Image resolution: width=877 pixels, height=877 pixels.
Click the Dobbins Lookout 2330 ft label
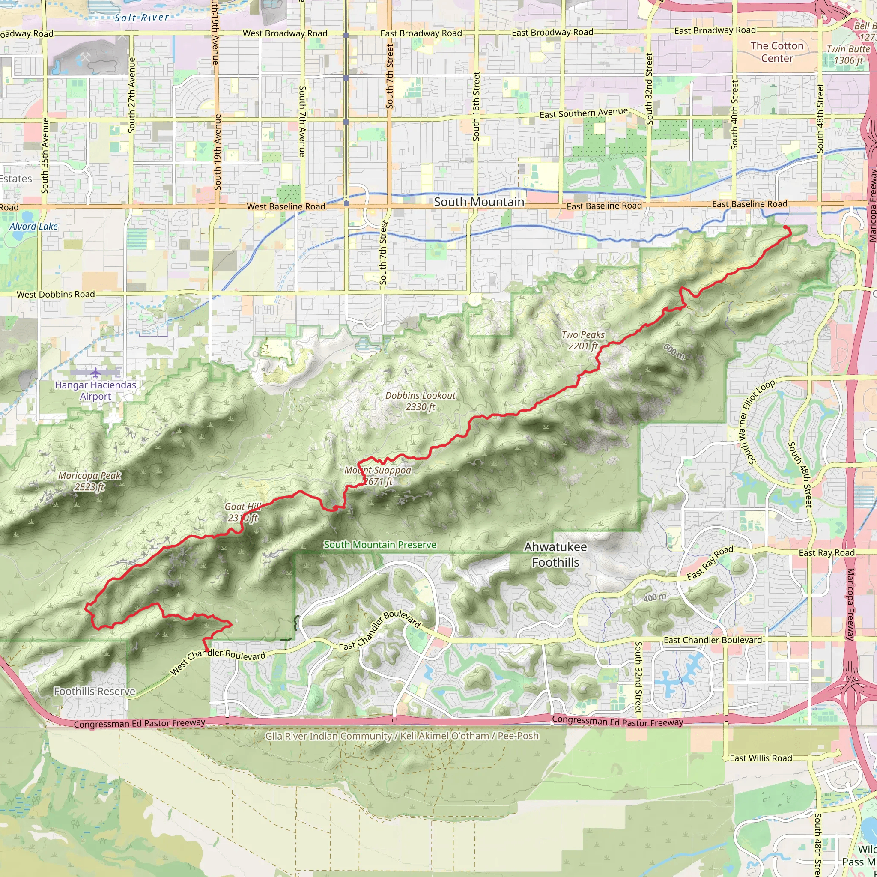point(421,401)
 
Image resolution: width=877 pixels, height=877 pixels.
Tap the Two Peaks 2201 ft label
point(583,340)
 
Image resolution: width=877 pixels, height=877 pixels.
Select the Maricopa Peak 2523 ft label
point(90,481)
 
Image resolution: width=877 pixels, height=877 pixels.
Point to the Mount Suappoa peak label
point(378,476)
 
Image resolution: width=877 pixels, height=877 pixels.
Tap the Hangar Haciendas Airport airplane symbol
point(95,373)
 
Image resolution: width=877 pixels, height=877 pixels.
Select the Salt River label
point(142,18)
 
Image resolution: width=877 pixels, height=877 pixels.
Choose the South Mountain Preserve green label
point(380,545)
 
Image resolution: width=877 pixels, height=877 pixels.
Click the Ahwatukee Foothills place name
point(555,555)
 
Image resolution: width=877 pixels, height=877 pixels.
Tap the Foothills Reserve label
point(94,691)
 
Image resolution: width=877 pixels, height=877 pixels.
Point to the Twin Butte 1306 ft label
point(848,55)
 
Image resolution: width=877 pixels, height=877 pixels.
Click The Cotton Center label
point(777,52)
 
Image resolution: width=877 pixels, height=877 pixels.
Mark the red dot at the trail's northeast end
point(785,227)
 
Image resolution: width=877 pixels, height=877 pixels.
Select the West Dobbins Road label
point(56,294)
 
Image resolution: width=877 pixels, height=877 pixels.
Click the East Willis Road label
point(761,758)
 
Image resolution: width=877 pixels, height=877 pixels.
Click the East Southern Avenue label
point(584,113)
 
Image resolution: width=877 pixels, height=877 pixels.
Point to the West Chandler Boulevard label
point(218,661)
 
